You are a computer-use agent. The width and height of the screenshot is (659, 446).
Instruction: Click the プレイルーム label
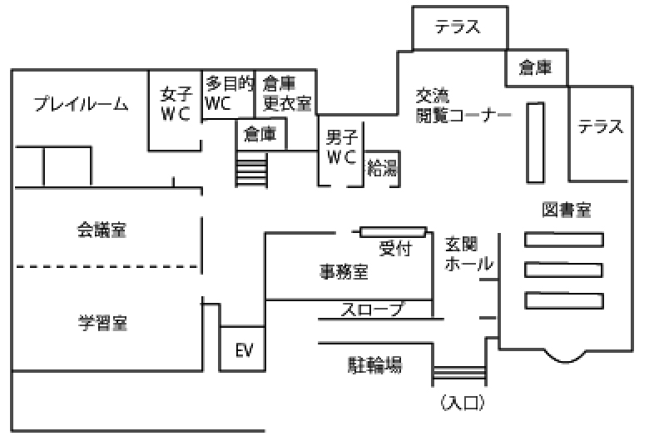pos(81,104)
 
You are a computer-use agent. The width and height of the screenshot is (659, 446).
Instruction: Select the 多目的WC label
pos(229,93)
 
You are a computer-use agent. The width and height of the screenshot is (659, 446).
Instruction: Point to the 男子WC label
pos(341,146)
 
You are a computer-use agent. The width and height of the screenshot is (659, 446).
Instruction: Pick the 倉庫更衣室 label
pos(286,93)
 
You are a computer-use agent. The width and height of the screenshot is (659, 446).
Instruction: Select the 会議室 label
pos(102,230)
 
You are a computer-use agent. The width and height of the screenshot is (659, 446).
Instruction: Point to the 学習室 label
pos(103,321)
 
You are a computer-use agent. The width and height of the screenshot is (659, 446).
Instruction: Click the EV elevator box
pos(243,349)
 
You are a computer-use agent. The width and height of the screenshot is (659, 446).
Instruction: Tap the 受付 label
pos(395,248)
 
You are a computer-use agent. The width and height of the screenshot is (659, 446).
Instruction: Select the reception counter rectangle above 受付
pos(394,231)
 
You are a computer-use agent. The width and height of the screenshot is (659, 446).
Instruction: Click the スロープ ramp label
pos(372,310)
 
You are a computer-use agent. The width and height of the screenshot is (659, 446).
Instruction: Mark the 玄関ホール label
pos(468,254)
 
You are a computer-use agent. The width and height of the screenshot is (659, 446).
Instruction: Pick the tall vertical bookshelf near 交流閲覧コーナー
pos(535,142)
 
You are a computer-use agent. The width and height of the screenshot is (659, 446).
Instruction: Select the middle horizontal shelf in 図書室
pos(563,270)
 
